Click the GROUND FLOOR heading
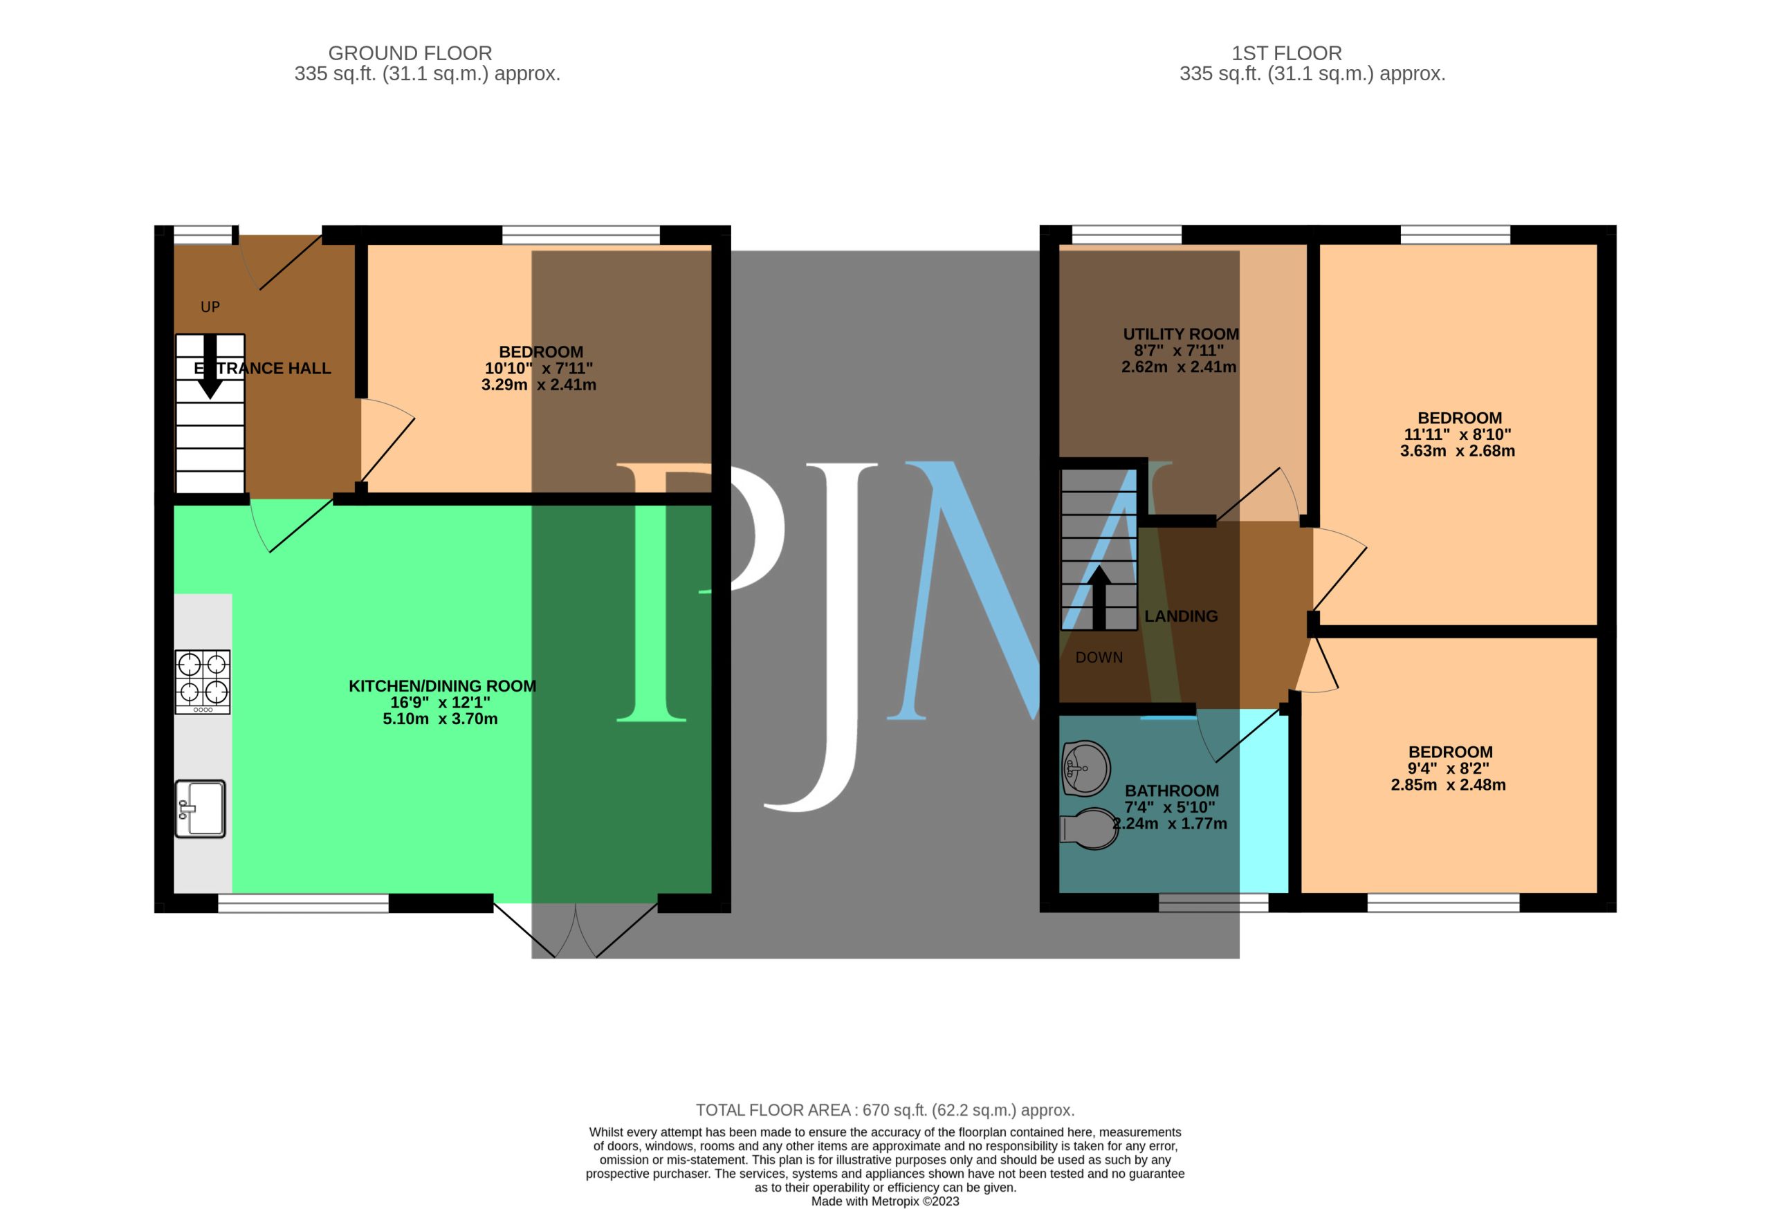pyautogui.click(x=410, y=53)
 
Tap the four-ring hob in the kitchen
pyautogui.click(x=203, y=682)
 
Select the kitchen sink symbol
pyautogui.click(x=201, y=809)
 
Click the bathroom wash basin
pyautogui.click(x=1086, y=768)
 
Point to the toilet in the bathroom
pyautogui.click(x=1090, y=829)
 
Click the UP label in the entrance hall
pyautogui.click(x=210, y=307)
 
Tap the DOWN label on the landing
pyautogui.click(x=1099, y=658)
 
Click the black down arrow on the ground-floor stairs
pyautogui.click(x=210, y=367)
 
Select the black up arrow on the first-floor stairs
pyautogui.click(x=1099, y=598)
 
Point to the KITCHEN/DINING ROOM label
pyautogui.click(x=442, y=686)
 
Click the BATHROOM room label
pyautogui.click(x=1172, y=791)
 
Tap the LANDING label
pyautogui.click(x=1181, y=616)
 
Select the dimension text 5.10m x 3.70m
pyautogui.click(x=441, y=719)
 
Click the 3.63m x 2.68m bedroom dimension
pyautogui.click(x=1458, y=451)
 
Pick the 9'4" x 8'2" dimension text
pyautogui.click(x=1449, y=768)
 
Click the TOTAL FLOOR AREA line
pyautogui.click(x=885, y=1110)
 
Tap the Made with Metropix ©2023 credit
pyautogui.click(x=885, y=1201)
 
